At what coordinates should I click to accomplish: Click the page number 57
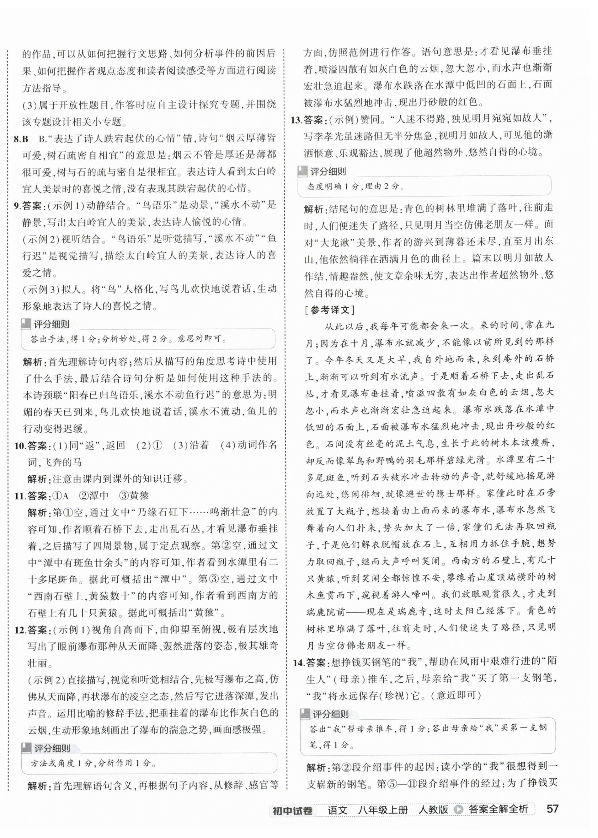click(552, 809)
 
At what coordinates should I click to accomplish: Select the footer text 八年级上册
click(383, 810)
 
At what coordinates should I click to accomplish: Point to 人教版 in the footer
click(433, 810)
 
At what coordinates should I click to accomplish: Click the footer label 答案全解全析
click(498, 810)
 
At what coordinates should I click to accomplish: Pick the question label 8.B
click(21, 139)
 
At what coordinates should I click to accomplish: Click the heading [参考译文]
click(329, 310)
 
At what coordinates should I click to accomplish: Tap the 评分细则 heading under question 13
click(328, 172)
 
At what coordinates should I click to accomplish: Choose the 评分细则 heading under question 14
click(330, 715)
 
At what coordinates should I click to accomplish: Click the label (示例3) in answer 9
click(42, 289)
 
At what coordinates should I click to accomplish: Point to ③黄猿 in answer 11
click(134, 496)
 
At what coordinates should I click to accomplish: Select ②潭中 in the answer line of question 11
click(94, 496)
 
